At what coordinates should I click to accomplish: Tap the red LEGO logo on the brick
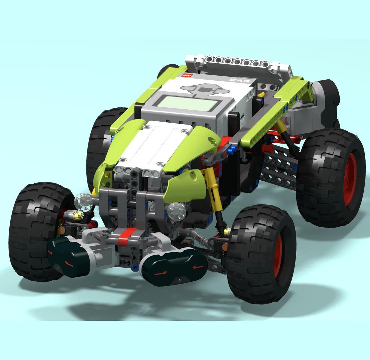click(187, 75)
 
